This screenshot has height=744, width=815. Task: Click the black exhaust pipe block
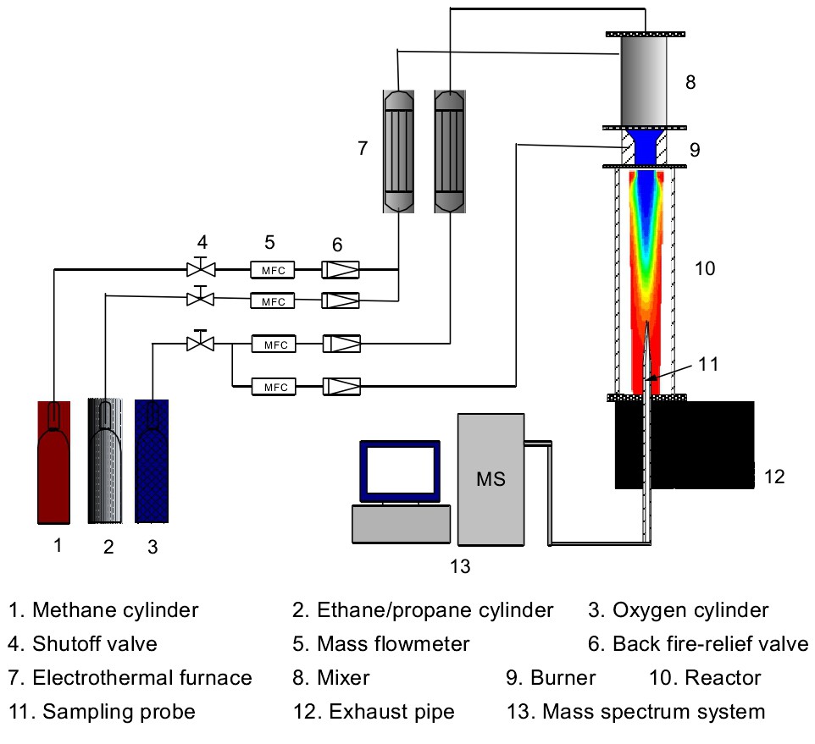click(685, 444)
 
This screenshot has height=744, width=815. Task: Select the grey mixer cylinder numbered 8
click(645, 80)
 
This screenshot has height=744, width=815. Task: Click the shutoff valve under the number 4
click(202, 270)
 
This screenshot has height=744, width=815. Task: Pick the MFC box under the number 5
click(273, 270)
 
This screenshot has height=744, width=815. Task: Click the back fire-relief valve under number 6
click(341, 270)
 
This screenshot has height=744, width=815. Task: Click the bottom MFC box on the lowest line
click(273, 387)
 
